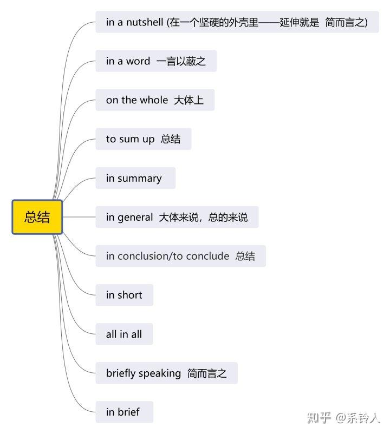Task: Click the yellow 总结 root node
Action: click(x=37, y=217)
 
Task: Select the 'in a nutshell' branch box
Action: click(x=237, y=22)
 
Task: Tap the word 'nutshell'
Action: click(x=145, y=22)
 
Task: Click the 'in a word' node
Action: click(x=156, y=61)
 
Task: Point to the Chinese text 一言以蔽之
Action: click(x=181, y=61)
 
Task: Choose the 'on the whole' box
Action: click(x=155, y=100)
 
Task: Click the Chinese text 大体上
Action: click(x=188, y=100)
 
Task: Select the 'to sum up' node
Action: click(x=144, y=139)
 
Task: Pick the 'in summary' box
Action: click(x=135, y=178)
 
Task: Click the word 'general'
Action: click(x=135, y=218)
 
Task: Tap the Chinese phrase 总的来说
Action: click(x=228, y=218)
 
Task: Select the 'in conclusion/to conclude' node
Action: click(x=180, y=256)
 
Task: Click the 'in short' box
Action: click(x=125, y=295)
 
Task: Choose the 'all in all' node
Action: click(x=124, y=334)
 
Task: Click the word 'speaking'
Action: click(x=160, y=373)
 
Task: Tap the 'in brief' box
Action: click(x=125, y=412)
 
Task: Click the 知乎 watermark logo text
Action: click(x=319, y=417)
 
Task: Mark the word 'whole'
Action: click(x=154, y=100)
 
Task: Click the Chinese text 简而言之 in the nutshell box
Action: click(x=344, y=22)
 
